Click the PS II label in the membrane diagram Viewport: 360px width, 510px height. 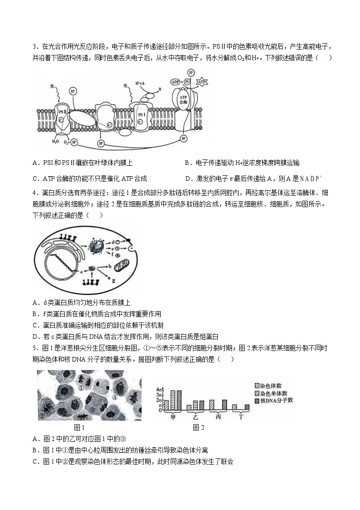[62, 110]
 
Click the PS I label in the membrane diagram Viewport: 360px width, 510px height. [141, 114]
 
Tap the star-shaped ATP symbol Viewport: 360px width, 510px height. [202, 82]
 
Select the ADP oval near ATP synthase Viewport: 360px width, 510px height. [176, 82]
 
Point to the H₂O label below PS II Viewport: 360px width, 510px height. [55, 141]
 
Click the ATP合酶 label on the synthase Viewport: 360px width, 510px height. [182, 99]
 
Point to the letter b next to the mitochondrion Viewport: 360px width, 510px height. [110, 264]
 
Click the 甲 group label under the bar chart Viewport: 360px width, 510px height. [173, 416]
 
